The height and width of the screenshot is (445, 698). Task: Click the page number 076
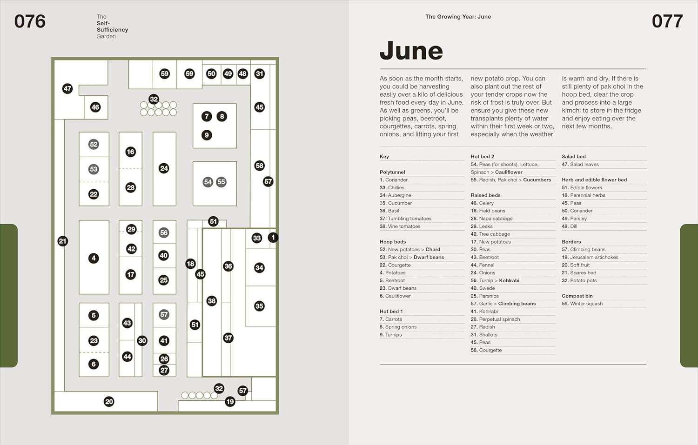30,21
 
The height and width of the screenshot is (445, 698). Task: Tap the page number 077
667,21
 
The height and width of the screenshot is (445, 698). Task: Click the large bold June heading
411,51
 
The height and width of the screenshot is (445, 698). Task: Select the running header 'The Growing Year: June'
458,17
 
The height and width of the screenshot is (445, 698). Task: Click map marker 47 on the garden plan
67,89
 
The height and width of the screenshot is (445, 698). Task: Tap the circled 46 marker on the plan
95,107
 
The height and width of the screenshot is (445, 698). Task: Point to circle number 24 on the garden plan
164,168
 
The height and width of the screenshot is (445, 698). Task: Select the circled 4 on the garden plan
94,258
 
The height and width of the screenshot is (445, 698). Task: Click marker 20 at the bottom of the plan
109,402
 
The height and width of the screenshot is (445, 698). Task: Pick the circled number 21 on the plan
63,241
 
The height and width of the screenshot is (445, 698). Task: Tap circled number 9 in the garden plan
207,135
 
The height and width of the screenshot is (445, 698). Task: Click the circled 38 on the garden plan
212,301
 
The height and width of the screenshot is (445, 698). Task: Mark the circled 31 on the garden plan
260,73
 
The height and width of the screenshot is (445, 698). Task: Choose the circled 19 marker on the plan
230,402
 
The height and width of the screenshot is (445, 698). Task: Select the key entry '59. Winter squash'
582,304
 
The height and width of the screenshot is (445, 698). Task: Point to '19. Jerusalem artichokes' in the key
590,257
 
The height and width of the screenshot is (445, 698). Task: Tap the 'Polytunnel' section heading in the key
392,172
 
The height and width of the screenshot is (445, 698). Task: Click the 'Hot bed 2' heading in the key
482,157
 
